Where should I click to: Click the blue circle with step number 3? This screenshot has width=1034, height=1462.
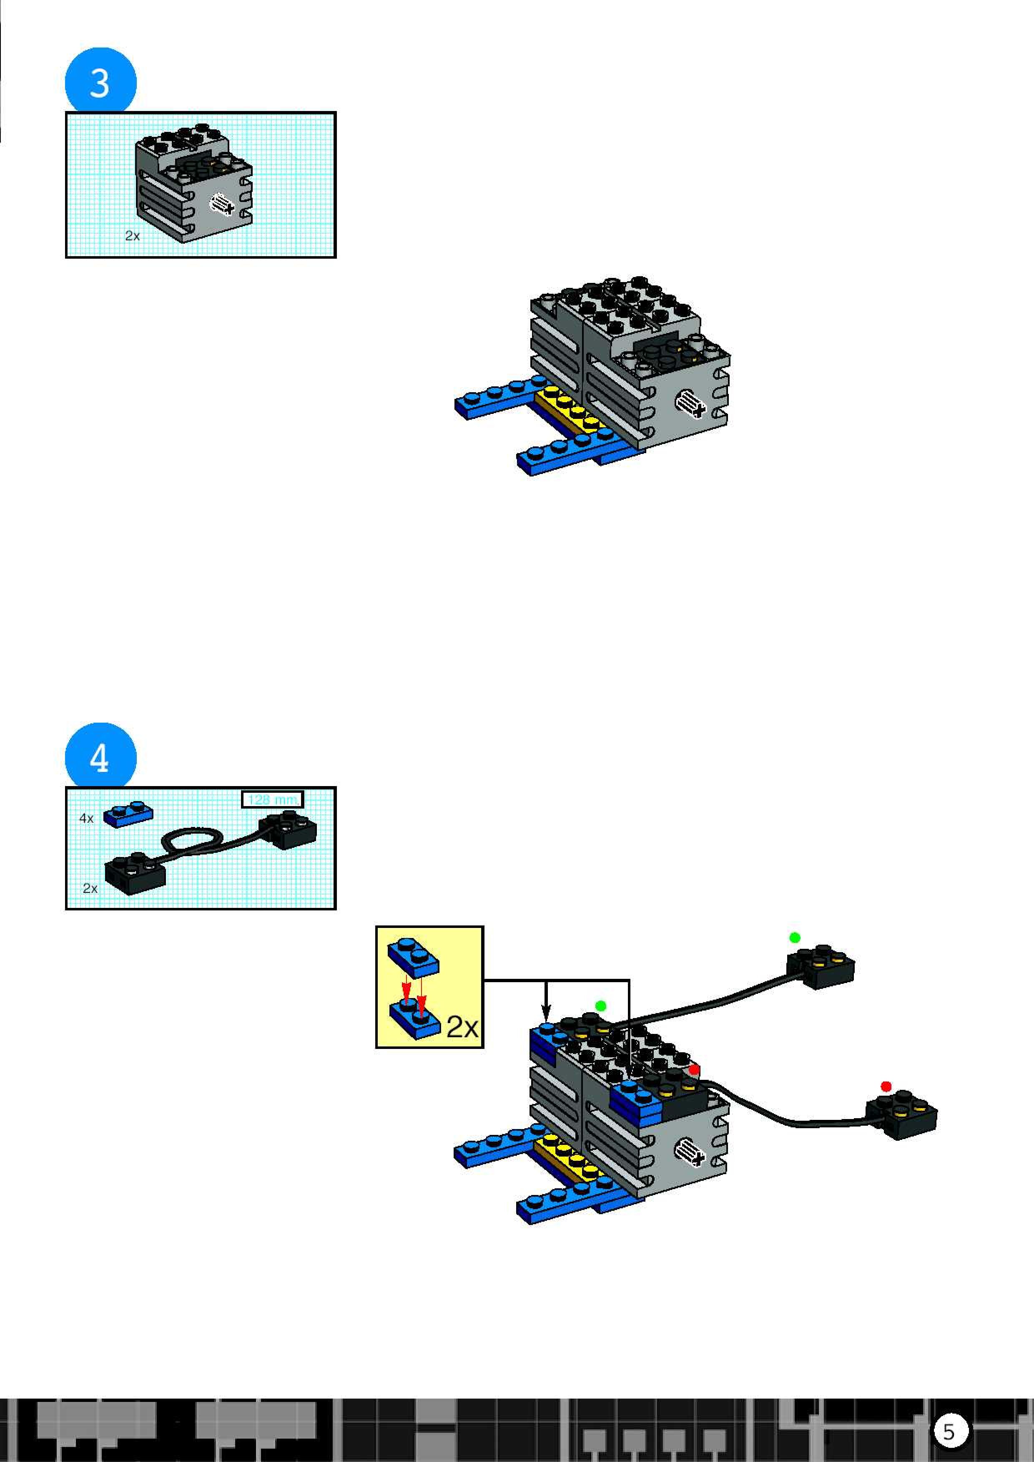pyautogui.click(x=100, y=81)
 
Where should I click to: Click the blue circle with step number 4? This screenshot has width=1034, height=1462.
pyautogui.click(x=100, y=757)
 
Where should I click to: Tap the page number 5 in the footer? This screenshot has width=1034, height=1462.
pyautogui.click(x=949, y=1432)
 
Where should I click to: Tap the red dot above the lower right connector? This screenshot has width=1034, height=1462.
pyautogui.click(x=886, y=1086)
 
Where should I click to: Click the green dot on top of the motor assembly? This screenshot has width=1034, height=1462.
pyautogui.click(x=600, y=1006)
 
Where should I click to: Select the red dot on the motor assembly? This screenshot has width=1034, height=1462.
pyautogui.click(x=694, y=1069)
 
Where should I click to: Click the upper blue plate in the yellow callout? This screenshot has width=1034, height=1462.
pyautogui.click(x=413, y=957)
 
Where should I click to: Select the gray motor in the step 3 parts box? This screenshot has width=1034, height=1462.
pyautogui.click(x=194, y=185)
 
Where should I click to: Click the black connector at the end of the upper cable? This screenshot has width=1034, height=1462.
pyautogui.click(x=821, y=966)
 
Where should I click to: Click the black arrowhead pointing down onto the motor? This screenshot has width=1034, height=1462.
pyautogui.click(x=546, y=1012)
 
